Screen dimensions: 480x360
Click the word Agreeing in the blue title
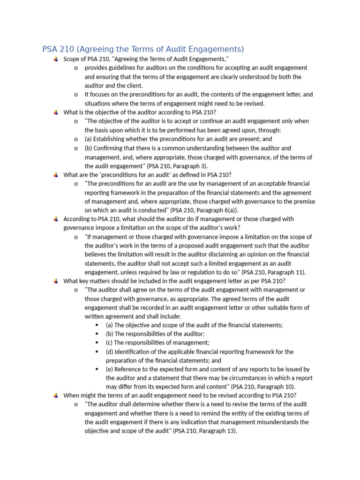98,49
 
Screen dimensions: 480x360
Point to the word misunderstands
266,422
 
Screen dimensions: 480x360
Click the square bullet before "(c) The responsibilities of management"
97,343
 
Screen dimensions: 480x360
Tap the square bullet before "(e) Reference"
97,369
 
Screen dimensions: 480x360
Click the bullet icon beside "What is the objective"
56,112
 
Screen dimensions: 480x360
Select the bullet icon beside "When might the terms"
56,395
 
